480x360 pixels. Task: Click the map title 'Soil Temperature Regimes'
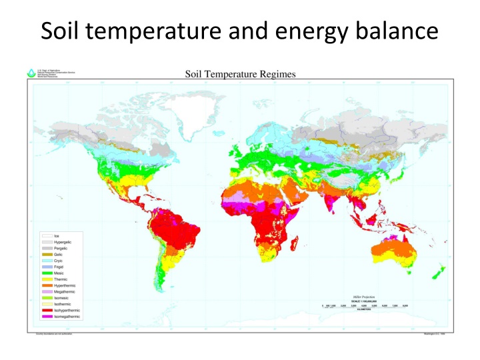[x=239, y=75]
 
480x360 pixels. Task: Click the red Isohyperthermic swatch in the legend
[x=46, y=310]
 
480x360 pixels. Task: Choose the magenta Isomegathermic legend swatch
[x=46, y=317]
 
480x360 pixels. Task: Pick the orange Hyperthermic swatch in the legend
[x=46, y=285]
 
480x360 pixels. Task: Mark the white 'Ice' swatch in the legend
[x=46, y=236]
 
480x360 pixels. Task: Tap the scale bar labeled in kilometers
[x=364, y=306]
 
